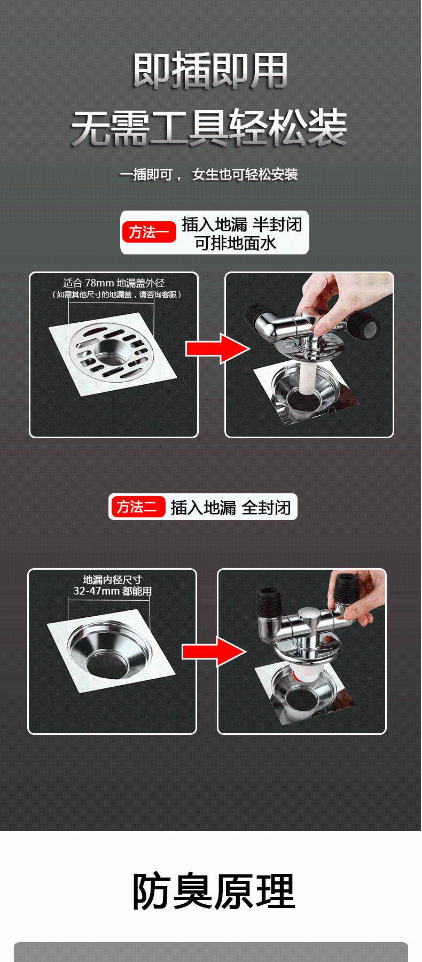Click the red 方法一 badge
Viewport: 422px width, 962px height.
149,232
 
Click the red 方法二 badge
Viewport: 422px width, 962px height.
137,507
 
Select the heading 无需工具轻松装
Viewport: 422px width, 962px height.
210,128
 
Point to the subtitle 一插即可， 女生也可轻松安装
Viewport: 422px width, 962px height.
208,174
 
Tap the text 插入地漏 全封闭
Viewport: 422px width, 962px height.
230,507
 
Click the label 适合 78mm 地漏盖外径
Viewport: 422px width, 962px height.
114,283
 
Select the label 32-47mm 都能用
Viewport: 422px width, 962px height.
113,591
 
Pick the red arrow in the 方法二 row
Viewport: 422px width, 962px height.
214,651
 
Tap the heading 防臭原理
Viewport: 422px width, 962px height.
213,891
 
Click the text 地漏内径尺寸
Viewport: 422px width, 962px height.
113,580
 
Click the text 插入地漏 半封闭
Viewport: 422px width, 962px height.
242,224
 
